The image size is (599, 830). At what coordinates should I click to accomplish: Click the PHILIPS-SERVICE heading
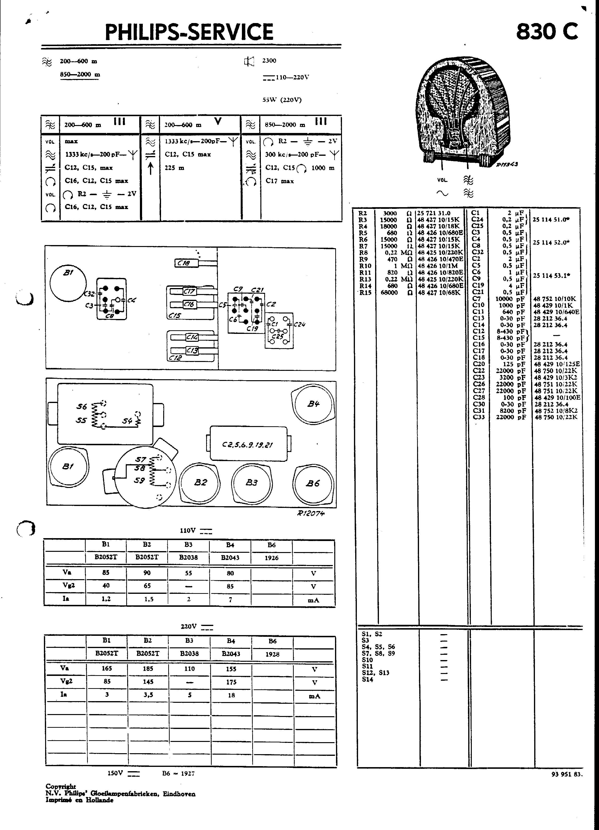point(189,32)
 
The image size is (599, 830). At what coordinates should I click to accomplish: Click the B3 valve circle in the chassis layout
point(252,483)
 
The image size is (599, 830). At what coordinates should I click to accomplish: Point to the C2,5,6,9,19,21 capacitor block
point(248,445)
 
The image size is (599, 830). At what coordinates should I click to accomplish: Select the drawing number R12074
point(311,513)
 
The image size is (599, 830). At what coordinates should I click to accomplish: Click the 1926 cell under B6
point(271,558)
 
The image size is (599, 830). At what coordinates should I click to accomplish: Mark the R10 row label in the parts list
point(365,266)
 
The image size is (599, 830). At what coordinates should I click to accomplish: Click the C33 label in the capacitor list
point(479,417)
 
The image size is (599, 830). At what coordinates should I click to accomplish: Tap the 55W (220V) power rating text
point(282,100)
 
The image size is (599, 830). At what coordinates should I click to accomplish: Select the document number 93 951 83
point(566,774)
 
